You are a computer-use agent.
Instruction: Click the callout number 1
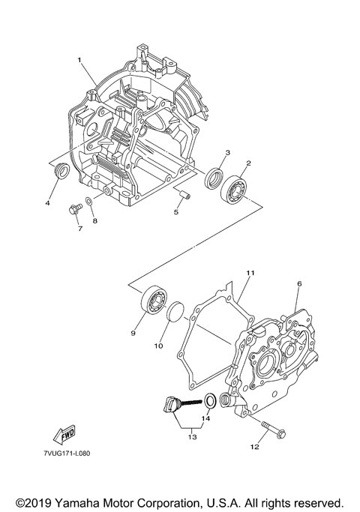click(x=79, y=58)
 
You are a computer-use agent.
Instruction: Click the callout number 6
click(x=298, y=284)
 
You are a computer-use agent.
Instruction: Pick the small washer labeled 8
click(x=89, y=201)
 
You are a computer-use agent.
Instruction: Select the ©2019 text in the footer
click(x=36, y=500)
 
